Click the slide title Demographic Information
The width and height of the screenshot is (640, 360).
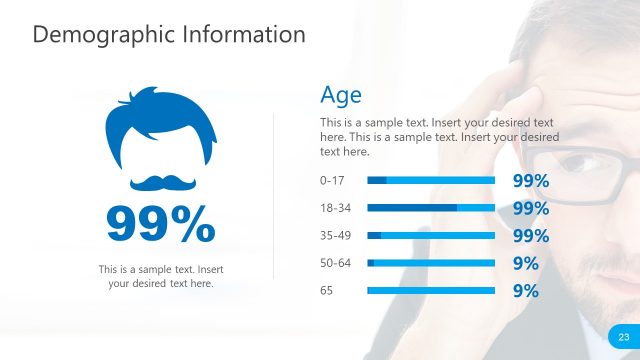168,34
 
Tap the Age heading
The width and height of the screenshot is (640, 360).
340,95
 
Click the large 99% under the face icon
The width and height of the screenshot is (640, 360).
160,224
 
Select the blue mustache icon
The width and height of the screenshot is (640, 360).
160,183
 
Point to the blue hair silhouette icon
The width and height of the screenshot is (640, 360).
160,125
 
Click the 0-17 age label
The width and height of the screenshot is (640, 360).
332,181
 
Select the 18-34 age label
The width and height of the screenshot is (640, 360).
335,208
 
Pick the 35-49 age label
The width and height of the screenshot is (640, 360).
335,236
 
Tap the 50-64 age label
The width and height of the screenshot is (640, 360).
335,263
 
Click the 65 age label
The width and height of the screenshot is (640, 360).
326,291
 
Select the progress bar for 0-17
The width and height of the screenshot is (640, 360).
431,181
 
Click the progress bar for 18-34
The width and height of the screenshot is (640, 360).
431,208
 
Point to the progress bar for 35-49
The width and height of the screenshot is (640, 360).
431,236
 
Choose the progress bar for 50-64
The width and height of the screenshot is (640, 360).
431,263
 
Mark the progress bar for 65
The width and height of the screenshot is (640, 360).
431,291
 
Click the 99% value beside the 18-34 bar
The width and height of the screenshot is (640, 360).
530,209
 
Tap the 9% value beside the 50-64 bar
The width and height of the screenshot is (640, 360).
525,264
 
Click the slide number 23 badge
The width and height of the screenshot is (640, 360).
623,336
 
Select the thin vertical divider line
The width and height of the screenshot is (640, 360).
274,195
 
